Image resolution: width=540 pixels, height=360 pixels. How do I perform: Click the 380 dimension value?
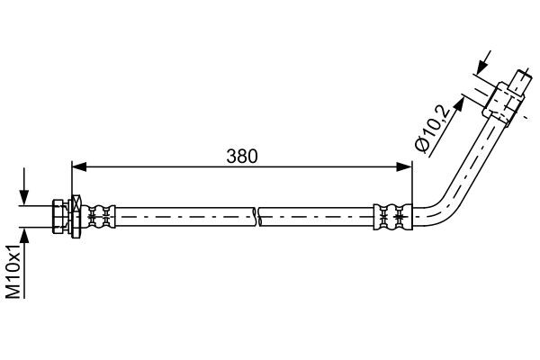tap(240, 155)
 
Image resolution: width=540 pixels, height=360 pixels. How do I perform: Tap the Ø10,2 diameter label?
tap(430, 128)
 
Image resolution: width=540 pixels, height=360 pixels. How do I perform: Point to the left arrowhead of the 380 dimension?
tap(77, 166)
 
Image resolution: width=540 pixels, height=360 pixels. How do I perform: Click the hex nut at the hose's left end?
tap(60, 216)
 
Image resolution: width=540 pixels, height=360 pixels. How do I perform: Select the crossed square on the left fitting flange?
tap(76, 216)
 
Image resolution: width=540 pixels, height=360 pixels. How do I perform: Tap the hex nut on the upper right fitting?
tap(496, 100)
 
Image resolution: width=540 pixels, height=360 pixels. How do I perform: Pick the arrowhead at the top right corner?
tap(481, 65)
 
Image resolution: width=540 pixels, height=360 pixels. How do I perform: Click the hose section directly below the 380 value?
tap(240, 216)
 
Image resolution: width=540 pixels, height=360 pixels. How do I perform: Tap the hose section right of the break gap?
tap(315, 216)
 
